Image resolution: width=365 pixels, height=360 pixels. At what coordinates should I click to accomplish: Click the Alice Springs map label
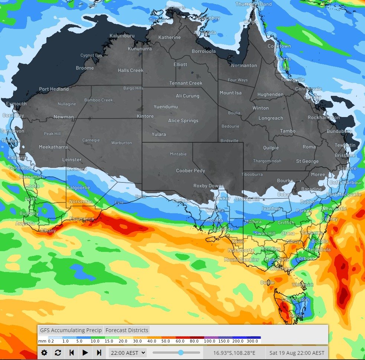tap(183, 121)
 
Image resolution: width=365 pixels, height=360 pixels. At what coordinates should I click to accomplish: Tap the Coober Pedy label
tap(190, 171)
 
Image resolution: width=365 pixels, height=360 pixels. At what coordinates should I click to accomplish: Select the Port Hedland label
tap(54, 89)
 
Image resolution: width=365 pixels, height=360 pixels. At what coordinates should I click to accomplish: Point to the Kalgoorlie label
tap(78, 188)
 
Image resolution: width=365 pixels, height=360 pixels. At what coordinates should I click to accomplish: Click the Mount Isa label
tap(230, 93)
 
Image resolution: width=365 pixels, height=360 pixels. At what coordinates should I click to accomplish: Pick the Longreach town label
tap(271, 118)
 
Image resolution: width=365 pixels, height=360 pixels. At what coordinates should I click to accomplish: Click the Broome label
tap(85, 68)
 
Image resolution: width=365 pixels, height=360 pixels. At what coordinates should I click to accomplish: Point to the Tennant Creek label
tap(186, 83)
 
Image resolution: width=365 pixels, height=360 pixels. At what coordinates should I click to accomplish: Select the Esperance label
tap(82, 219)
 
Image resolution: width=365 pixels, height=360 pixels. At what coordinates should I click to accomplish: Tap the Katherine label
tap(169, 38)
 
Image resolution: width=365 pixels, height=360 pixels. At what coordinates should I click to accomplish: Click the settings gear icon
tap(44, 353)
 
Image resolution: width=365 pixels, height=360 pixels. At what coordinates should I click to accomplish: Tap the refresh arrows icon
tap(58, 353)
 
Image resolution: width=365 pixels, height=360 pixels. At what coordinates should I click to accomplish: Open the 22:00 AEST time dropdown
tap(127, 353)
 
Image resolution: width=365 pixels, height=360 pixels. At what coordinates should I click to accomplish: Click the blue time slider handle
tap(181, 353)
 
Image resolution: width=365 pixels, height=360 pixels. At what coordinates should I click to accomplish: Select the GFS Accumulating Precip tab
tap(71, 330)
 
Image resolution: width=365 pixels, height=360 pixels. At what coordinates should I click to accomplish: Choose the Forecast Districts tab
tap(127, 330)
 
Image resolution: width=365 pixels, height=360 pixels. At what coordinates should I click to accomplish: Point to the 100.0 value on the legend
tap(209, 341)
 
